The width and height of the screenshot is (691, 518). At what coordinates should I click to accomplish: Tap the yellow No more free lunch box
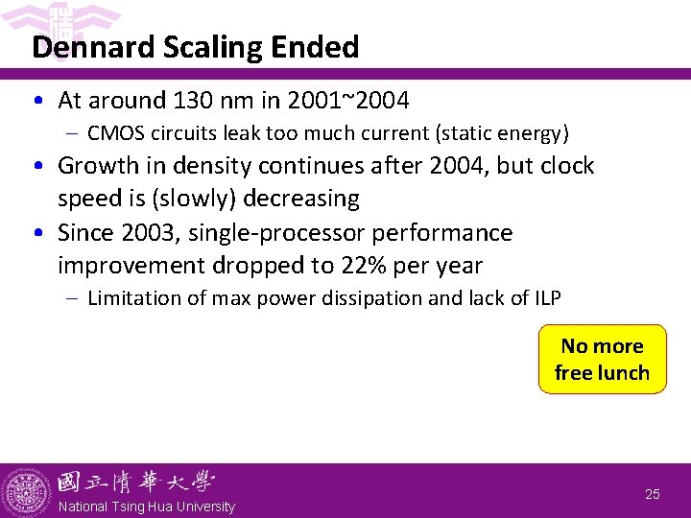pyautogui.click(x=602, y=360)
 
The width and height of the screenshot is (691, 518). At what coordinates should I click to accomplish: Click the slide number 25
pyautogui.click(x=653, y=494)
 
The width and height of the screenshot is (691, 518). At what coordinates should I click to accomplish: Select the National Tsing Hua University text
pyautogui.click(x=146, y=506)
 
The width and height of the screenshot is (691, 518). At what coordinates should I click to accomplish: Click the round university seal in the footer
pyautogui.click(x=26, y=491)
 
